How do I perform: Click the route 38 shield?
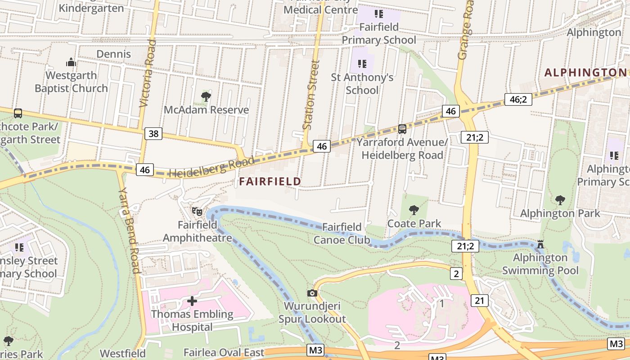[153, 133]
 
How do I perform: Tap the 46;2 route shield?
[518, 99]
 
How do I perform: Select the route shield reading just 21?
[480, 300]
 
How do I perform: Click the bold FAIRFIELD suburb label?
[270, 181]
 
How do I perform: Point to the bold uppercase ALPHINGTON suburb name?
[585, 72]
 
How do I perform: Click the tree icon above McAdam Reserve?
[206, 96]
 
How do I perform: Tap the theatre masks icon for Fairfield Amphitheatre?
[197, 211]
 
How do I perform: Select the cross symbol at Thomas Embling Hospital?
[192, 301]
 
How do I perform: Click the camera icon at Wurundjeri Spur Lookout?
[312, 293]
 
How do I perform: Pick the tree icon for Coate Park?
[414, 210]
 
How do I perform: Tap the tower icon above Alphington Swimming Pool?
[540, 244]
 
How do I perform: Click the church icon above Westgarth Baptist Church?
[71, 62]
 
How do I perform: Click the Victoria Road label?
[148, 73]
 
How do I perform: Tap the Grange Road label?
[466, 29]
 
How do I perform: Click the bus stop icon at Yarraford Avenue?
[402, 129]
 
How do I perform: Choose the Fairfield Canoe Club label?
[342, 233]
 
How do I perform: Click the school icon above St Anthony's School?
[362, 64]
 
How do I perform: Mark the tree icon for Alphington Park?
[560, 200]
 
